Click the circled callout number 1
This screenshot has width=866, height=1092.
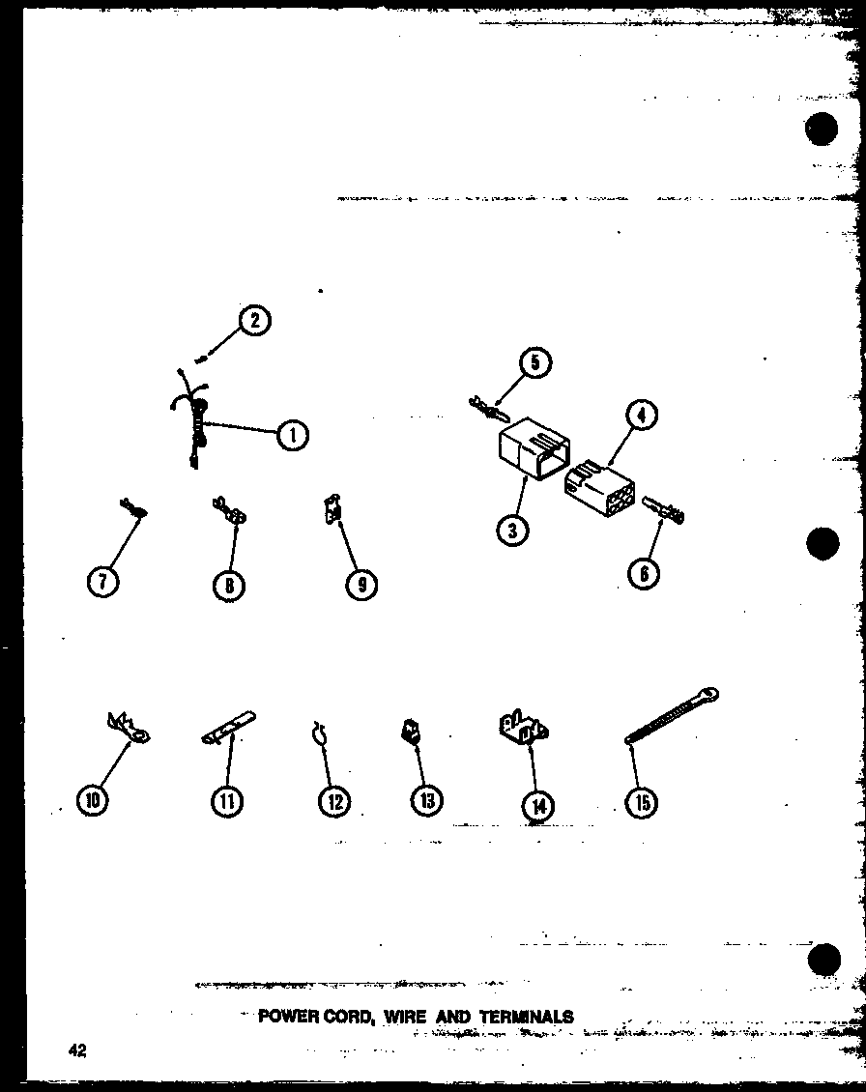(293, 435)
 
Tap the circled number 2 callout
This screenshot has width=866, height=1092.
(254, 321)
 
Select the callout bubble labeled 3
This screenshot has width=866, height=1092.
(513, 531)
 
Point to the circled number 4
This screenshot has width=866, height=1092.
(642, 416)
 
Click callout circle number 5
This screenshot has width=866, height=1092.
(535, 362)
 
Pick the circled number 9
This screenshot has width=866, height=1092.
(361, 585)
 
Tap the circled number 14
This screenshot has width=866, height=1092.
(538, 807)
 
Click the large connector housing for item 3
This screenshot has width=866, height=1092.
(533, 448)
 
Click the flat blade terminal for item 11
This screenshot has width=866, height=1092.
(228, 727)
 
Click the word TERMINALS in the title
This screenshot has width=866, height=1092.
(527, 1016)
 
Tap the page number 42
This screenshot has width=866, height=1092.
(77, 1050)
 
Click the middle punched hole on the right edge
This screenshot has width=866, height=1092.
(823, 542)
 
